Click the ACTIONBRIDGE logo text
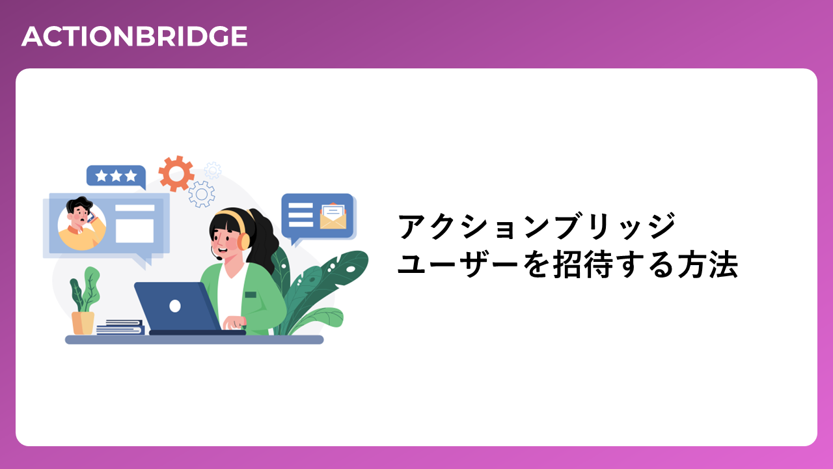134,36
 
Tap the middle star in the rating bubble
116,176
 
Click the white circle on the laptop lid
175,306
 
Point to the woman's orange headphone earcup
243,241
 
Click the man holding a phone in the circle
82,224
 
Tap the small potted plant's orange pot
83,323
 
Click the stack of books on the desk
120,327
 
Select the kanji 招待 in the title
583,265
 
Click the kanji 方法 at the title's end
707,265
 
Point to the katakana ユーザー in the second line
457,265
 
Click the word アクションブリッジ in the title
536,226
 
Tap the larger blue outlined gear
202,194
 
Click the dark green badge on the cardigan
251,295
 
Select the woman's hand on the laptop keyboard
234,322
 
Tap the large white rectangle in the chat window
135,231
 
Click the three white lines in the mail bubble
301,215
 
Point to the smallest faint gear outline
213,171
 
